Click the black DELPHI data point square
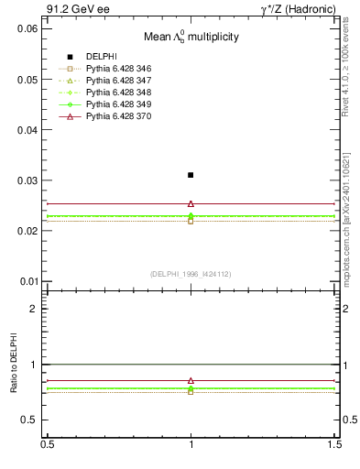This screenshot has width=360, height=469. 191,175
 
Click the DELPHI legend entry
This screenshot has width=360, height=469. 101,57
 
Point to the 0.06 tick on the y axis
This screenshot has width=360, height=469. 27,28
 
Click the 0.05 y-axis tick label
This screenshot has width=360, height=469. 27,80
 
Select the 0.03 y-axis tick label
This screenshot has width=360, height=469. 27,180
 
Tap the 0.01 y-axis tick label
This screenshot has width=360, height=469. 27,281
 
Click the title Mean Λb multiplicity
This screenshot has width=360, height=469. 191,38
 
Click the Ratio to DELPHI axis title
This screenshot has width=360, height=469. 14,365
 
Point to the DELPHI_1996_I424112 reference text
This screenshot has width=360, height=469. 191,274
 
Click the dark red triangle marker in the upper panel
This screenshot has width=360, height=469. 191,203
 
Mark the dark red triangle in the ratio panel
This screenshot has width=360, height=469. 191,380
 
